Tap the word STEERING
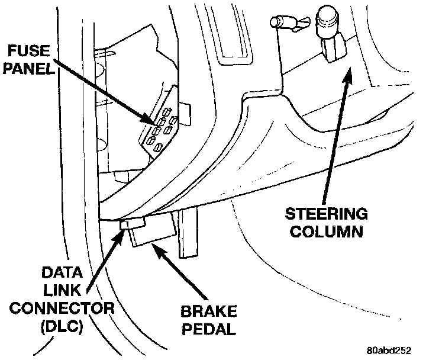327,213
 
